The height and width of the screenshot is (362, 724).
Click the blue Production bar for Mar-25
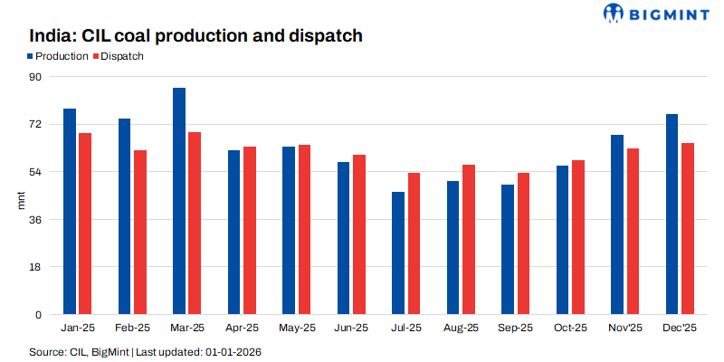(x=179, y=201)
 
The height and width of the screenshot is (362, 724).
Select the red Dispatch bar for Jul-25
(x=414, y=243)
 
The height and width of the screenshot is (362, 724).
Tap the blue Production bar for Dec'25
(x=672, y=214)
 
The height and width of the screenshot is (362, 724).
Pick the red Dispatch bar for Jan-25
(x=85, y=224)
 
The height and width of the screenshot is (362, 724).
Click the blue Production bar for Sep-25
(x=508, y=250)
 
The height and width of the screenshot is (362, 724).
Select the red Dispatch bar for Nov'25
(x=633, y=232)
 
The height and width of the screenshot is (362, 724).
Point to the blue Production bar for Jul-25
(x=398, y=253)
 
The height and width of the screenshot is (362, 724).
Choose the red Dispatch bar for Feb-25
(x=140, y=233)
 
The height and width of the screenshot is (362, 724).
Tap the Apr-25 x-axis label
(x=242, y=328)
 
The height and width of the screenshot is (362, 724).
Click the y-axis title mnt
(x=22, y=200)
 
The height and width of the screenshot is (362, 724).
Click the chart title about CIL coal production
(x=195, y=36)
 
